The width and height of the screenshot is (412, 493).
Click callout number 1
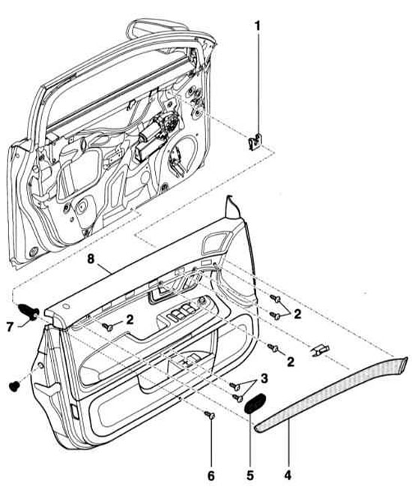pyautogui.click(x=257, y=26)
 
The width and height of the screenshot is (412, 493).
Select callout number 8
pyautogui.click(x=91, y=260)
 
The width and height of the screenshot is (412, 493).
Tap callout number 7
pyautogui.click(x=10, y=327)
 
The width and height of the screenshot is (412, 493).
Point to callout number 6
pyautogui.click(x=211, y=476)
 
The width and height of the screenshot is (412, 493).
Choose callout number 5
pyautogui.click(x=249, y=476)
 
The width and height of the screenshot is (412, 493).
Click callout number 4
pyautogui.click(x=288, y=476)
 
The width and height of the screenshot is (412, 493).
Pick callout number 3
pyautogui.click(x=264, y=378)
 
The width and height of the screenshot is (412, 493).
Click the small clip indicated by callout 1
pyautogui.click(x=255, y=142)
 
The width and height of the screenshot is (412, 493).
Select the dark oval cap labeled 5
pyautogui.click(x=255, y=403)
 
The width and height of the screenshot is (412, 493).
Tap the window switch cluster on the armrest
pyautogui.click(x=184, y=311)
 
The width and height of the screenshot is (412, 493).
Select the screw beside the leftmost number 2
pyautogui.click(x=109, y=327)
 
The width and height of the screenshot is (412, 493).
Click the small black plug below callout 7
pyautogui.click(x=13, y=386)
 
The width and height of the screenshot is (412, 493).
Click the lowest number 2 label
pyautogui.click(x=291, y=362)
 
